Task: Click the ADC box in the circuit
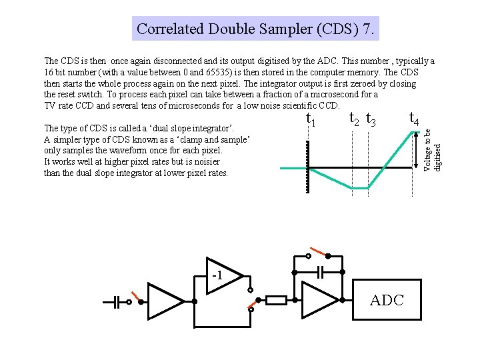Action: click(387, 301)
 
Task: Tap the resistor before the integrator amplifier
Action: click(277, 301)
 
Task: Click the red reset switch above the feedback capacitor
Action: click(318, 253)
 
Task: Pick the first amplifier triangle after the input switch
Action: click(163, 301)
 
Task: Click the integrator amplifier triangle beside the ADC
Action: click(318, 301)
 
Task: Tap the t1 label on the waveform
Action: click(310, 120)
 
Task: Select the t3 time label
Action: click(372, 121)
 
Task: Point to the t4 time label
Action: click(413, 119)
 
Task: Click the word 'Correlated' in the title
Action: click(170, 29)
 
